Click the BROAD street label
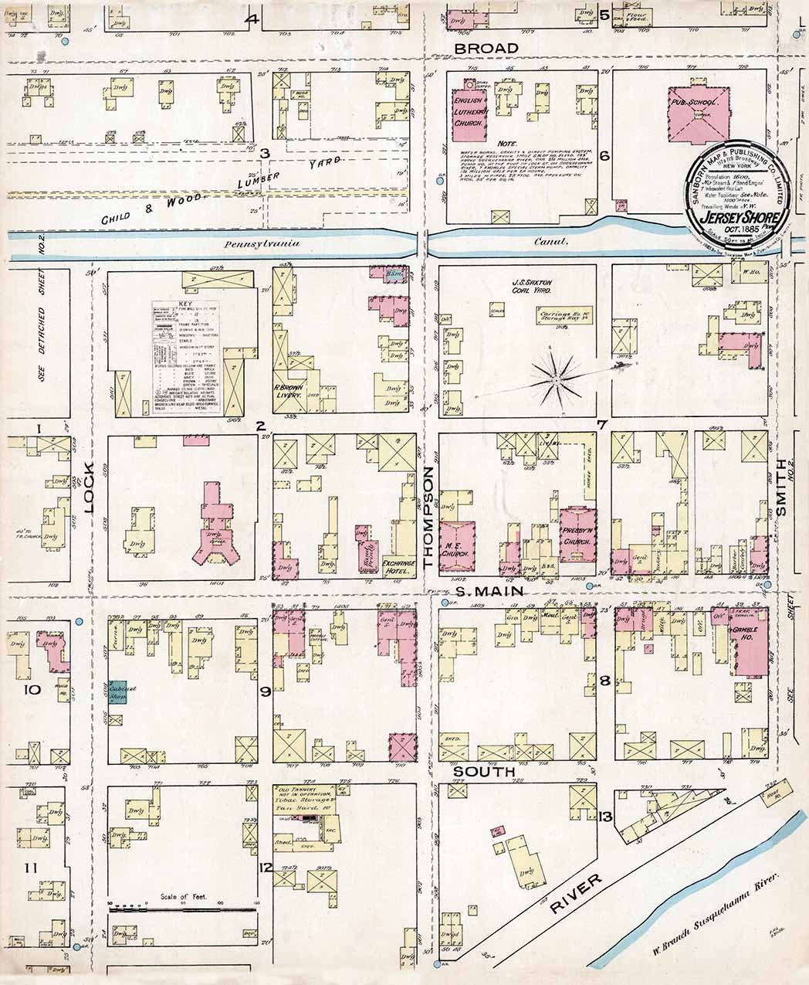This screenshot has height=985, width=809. click(x=486, y=48)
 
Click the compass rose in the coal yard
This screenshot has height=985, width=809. click(x=556, y=379)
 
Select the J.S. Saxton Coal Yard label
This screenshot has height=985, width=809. click(x=529, y=287)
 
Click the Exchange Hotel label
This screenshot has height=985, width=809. click(x=400, y=567)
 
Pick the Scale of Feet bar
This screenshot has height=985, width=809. click(x=183, y=909)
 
